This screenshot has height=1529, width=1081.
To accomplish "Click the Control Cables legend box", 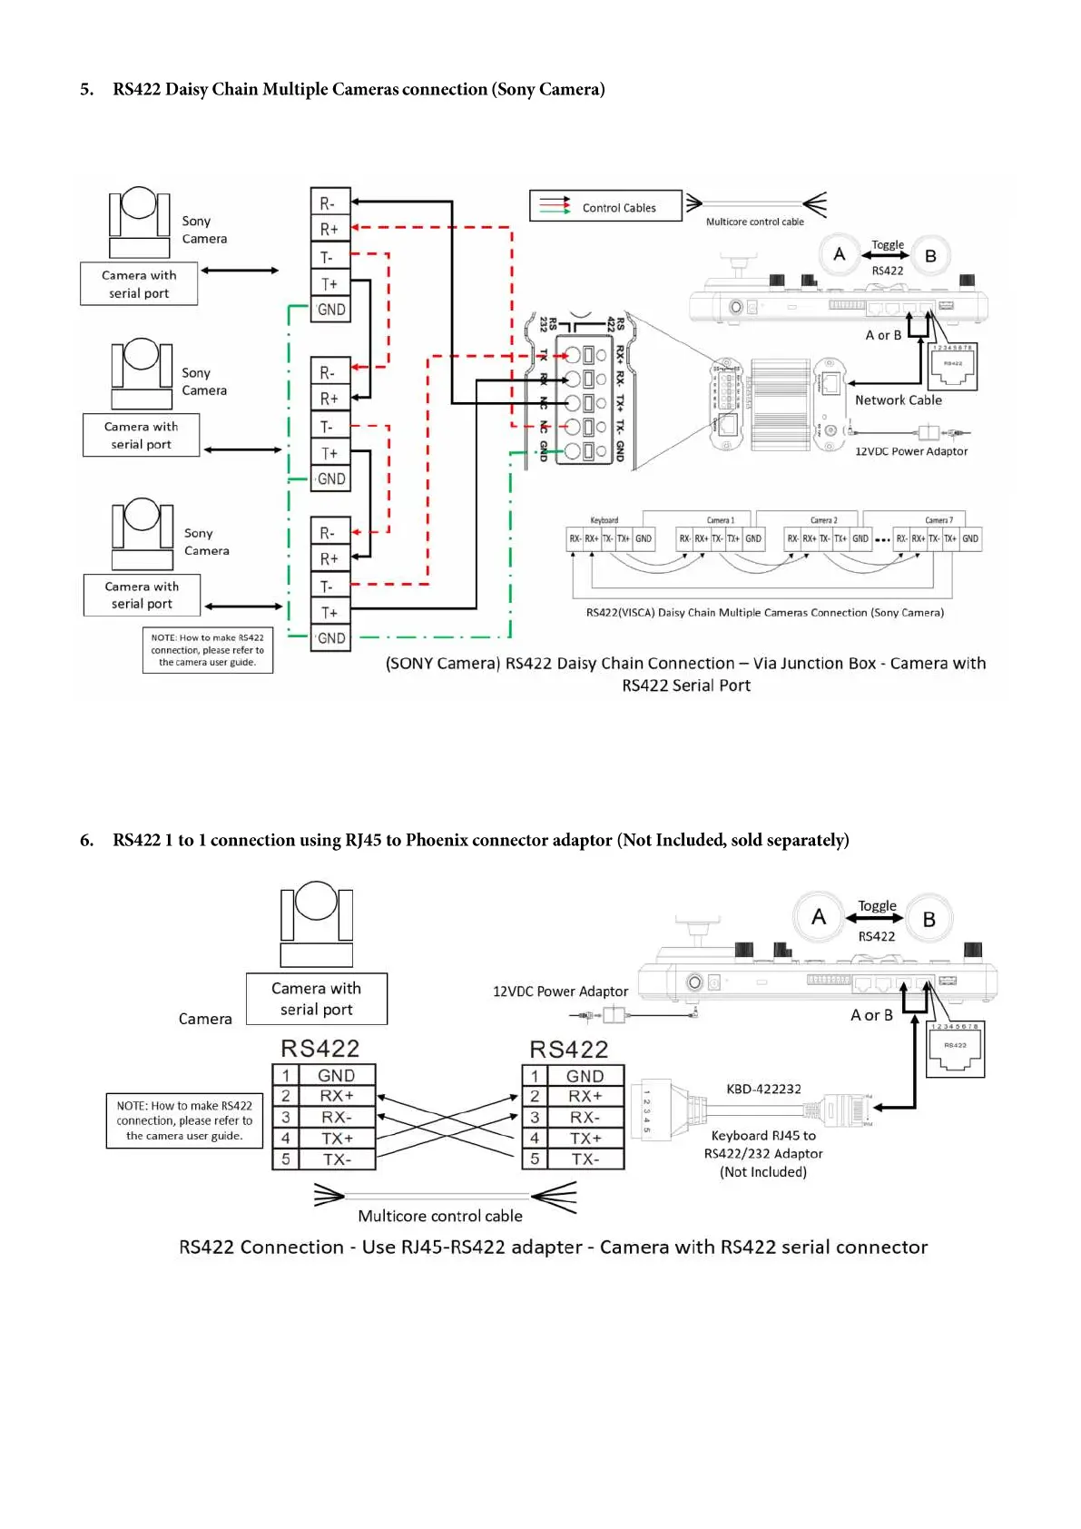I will click(x=605, y=206).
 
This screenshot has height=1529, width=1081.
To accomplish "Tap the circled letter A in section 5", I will click(x=840, y=254).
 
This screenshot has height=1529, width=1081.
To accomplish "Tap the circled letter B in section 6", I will click(x=929, y=919).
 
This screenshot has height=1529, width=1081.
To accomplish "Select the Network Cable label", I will click(x=898, y=400).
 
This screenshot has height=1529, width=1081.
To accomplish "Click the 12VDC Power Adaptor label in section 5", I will click(x=910, y=451).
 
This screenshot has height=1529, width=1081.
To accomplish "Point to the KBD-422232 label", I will click(x=763, y=1089).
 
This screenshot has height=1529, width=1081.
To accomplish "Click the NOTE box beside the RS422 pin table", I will click(x=184, y=1120).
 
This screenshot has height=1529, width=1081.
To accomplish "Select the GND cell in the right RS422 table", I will click(x=585, y=1076).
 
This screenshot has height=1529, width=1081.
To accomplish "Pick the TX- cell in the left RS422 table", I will click(x=336, y=1159).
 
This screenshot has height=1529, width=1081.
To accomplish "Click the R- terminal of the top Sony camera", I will click(x=329, y=203).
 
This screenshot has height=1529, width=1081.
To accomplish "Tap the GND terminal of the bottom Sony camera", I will click(x=330, y=638).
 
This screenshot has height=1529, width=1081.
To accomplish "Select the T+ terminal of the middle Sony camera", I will click(x=329, y=453).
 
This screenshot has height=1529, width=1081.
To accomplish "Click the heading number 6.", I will click(x=86, y=840).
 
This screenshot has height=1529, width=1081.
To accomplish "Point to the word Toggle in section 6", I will click(x=877, y=905).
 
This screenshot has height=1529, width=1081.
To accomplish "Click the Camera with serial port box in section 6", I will click(x=316, y=999).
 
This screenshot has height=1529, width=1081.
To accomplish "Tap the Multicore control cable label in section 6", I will click(x=440, y=1216).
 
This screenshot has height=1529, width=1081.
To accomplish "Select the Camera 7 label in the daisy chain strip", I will click(x=939, y=520).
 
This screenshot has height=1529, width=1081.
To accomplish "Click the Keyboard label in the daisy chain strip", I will click(x=604, y=520).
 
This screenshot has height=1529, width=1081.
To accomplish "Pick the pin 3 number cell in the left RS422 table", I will click(x=286, y=1118).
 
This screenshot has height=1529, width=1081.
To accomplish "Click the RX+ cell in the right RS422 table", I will click(x=585, y=1097).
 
